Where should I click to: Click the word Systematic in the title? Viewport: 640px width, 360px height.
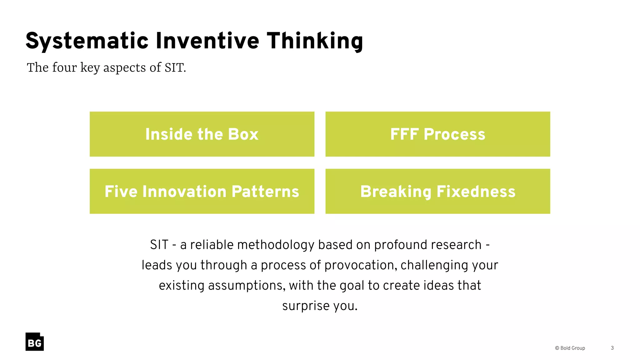pyautogui.click(x=87, y=41)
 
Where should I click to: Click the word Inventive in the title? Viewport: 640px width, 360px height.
pyautogui.click(x=207, y=41)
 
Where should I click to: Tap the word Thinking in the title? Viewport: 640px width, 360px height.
pyautogui.click(x=315, y=41)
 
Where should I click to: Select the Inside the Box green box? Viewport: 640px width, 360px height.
pyautogui.click(x=202, y=134)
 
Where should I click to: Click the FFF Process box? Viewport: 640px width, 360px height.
pyautogui.click(x=437, y=134)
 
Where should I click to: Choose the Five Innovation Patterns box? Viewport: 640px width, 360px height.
pyautogui.click(x=202, y=191)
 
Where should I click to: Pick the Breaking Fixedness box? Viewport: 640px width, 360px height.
pyautogui.click(x=437, y=191)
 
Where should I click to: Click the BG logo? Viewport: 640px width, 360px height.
pyautogui.click(x=34, y=342)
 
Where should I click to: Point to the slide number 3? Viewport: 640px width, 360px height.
pyautogui.click(x=612, y=348)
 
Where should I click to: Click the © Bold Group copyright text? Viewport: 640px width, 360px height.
pyautogui.click(x=570, y=348)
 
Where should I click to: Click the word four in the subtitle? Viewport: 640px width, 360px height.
pyautogui.click(x=64, y=67)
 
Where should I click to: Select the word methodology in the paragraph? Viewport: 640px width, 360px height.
pyautogui.click(x=276, y=245)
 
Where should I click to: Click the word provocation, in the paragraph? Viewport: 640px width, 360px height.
pyautogui.click(x=361, y=265)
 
